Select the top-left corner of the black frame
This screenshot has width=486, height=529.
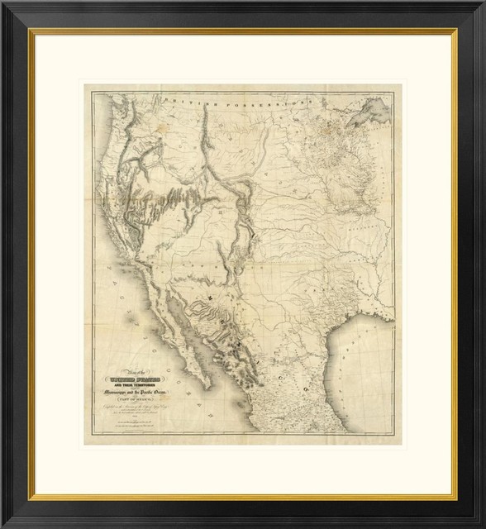(x=3, y=3)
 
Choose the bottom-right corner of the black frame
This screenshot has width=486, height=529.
(x=483, y=526)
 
